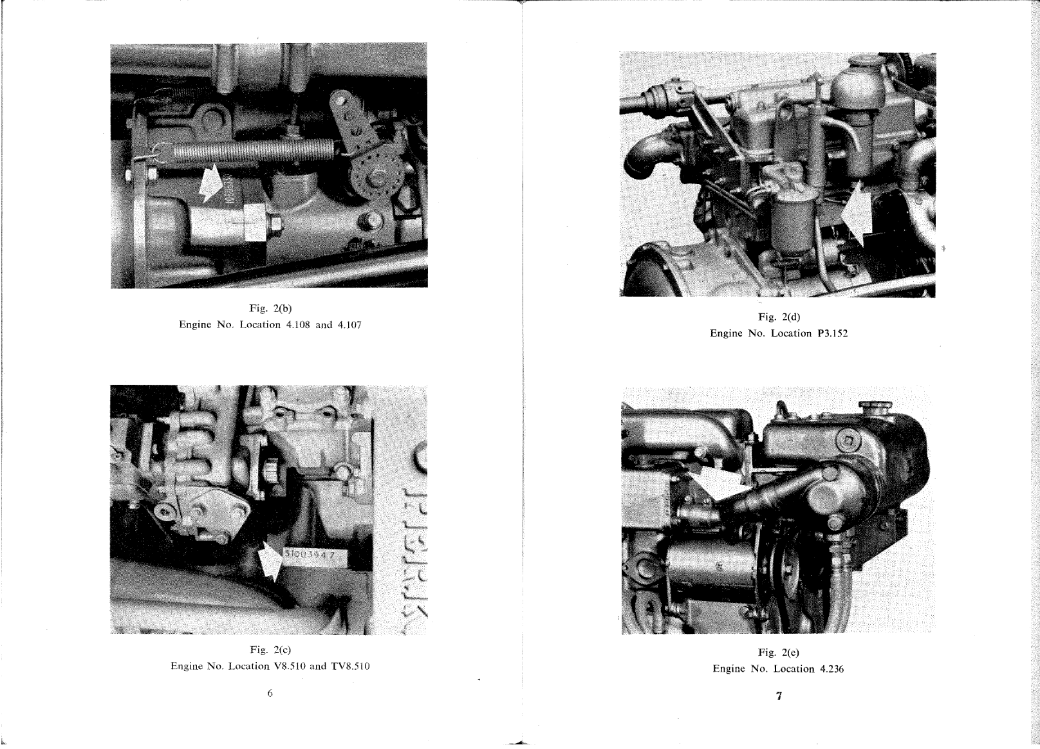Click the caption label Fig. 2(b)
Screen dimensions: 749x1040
(270, 308)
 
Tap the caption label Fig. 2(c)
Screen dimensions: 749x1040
(270, 650)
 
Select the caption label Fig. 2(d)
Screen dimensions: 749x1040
(779, 317)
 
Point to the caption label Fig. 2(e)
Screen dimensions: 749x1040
(778, 652)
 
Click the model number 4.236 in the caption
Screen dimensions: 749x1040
(831, 669)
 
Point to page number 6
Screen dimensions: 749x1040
(270, 694)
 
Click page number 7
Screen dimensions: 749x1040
(779, 696)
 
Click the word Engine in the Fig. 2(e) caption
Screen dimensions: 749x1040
(728, 669)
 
